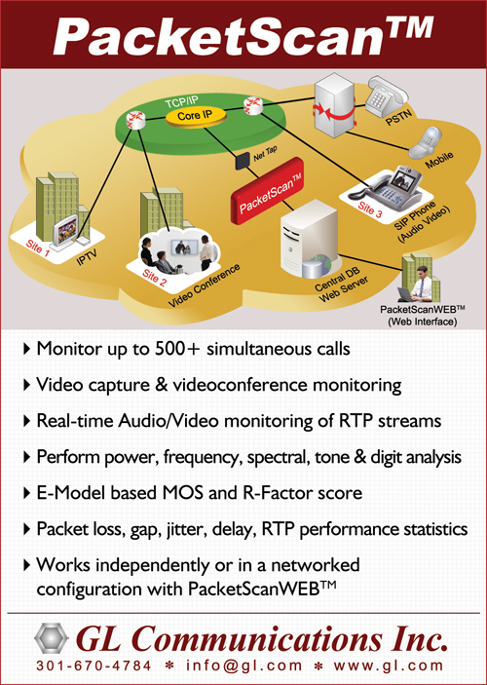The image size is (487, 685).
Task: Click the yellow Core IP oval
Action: (x=196, y=117)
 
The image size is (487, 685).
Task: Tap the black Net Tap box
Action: (x=243, y=161)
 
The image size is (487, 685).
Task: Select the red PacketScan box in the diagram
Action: (x=267, y=191)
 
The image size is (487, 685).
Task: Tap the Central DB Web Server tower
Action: (x=309, y=240)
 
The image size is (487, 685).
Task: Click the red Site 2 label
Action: (x=154, y=278)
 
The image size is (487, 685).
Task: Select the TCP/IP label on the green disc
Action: (x=181, y=103)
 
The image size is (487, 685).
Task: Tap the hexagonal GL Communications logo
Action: (x=51, y=638)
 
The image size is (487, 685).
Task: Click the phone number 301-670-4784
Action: (x=94, y=666)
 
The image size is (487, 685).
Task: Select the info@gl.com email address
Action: (x=243, y=666)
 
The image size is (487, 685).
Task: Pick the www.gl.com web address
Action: (x=389, y=666)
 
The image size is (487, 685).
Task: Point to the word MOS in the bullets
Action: (x=182, y=493)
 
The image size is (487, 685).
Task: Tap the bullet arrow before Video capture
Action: (x=26, y=385)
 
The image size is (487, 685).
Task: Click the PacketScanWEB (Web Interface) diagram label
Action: (x=423, y=316)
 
